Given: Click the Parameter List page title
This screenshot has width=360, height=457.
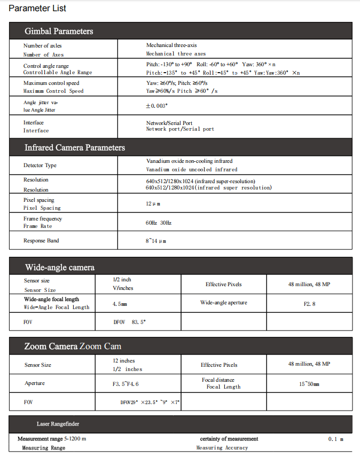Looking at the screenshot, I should [37, 9].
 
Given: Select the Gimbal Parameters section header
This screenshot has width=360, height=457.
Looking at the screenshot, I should [59, 31].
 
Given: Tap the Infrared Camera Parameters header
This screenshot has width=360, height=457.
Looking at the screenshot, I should [74, 147].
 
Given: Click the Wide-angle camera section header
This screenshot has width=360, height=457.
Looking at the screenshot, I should [60, 267].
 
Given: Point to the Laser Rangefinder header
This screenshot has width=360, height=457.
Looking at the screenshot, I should [58, 424].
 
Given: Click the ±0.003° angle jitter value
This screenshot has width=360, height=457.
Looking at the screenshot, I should [156, 106].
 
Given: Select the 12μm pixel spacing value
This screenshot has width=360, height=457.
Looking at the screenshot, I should [153, 204].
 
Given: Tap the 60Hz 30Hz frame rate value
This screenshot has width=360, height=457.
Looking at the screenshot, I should [158, 222].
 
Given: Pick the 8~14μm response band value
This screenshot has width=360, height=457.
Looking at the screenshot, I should [156, 241].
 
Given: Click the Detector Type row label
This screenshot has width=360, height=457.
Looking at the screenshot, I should [40, 166].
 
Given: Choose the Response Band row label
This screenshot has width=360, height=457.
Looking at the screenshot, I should [41, 241].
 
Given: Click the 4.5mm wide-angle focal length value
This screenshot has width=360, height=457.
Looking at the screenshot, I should [120, 303].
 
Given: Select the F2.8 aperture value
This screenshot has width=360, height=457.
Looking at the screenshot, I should [309, 303].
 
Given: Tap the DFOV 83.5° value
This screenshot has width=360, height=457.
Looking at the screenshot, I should [129, 322].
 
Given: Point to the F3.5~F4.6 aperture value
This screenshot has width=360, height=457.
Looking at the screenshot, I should [126, 384].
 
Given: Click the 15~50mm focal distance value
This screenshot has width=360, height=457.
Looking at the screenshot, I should [309, 384].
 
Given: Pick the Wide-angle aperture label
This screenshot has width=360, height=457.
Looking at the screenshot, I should [223, 303].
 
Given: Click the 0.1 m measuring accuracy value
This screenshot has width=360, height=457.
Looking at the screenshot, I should [335, 439].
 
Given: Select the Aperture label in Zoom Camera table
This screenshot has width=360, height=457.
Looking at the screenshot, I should [35, 383].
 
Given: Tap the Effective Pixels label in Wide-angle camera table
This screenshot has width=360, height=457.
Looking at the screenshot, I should [223, 285].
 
